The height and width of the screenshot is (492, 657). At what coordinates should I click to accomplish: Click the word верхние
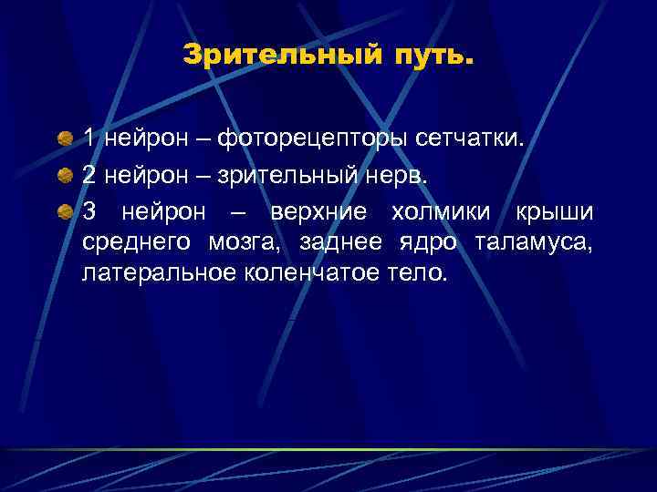click(318, 212)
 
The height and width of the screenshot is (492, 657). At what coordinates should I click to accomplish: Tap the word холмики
click(442, 212)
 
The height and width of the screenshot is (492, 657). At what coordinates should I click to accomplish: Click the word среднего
click(136, 242)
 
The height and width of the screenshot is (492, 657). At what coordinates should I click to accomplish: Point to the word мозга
click(240, 242)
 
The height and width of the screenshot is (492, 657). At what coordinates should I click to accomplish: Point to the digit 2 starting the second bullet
click(89, 176)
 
